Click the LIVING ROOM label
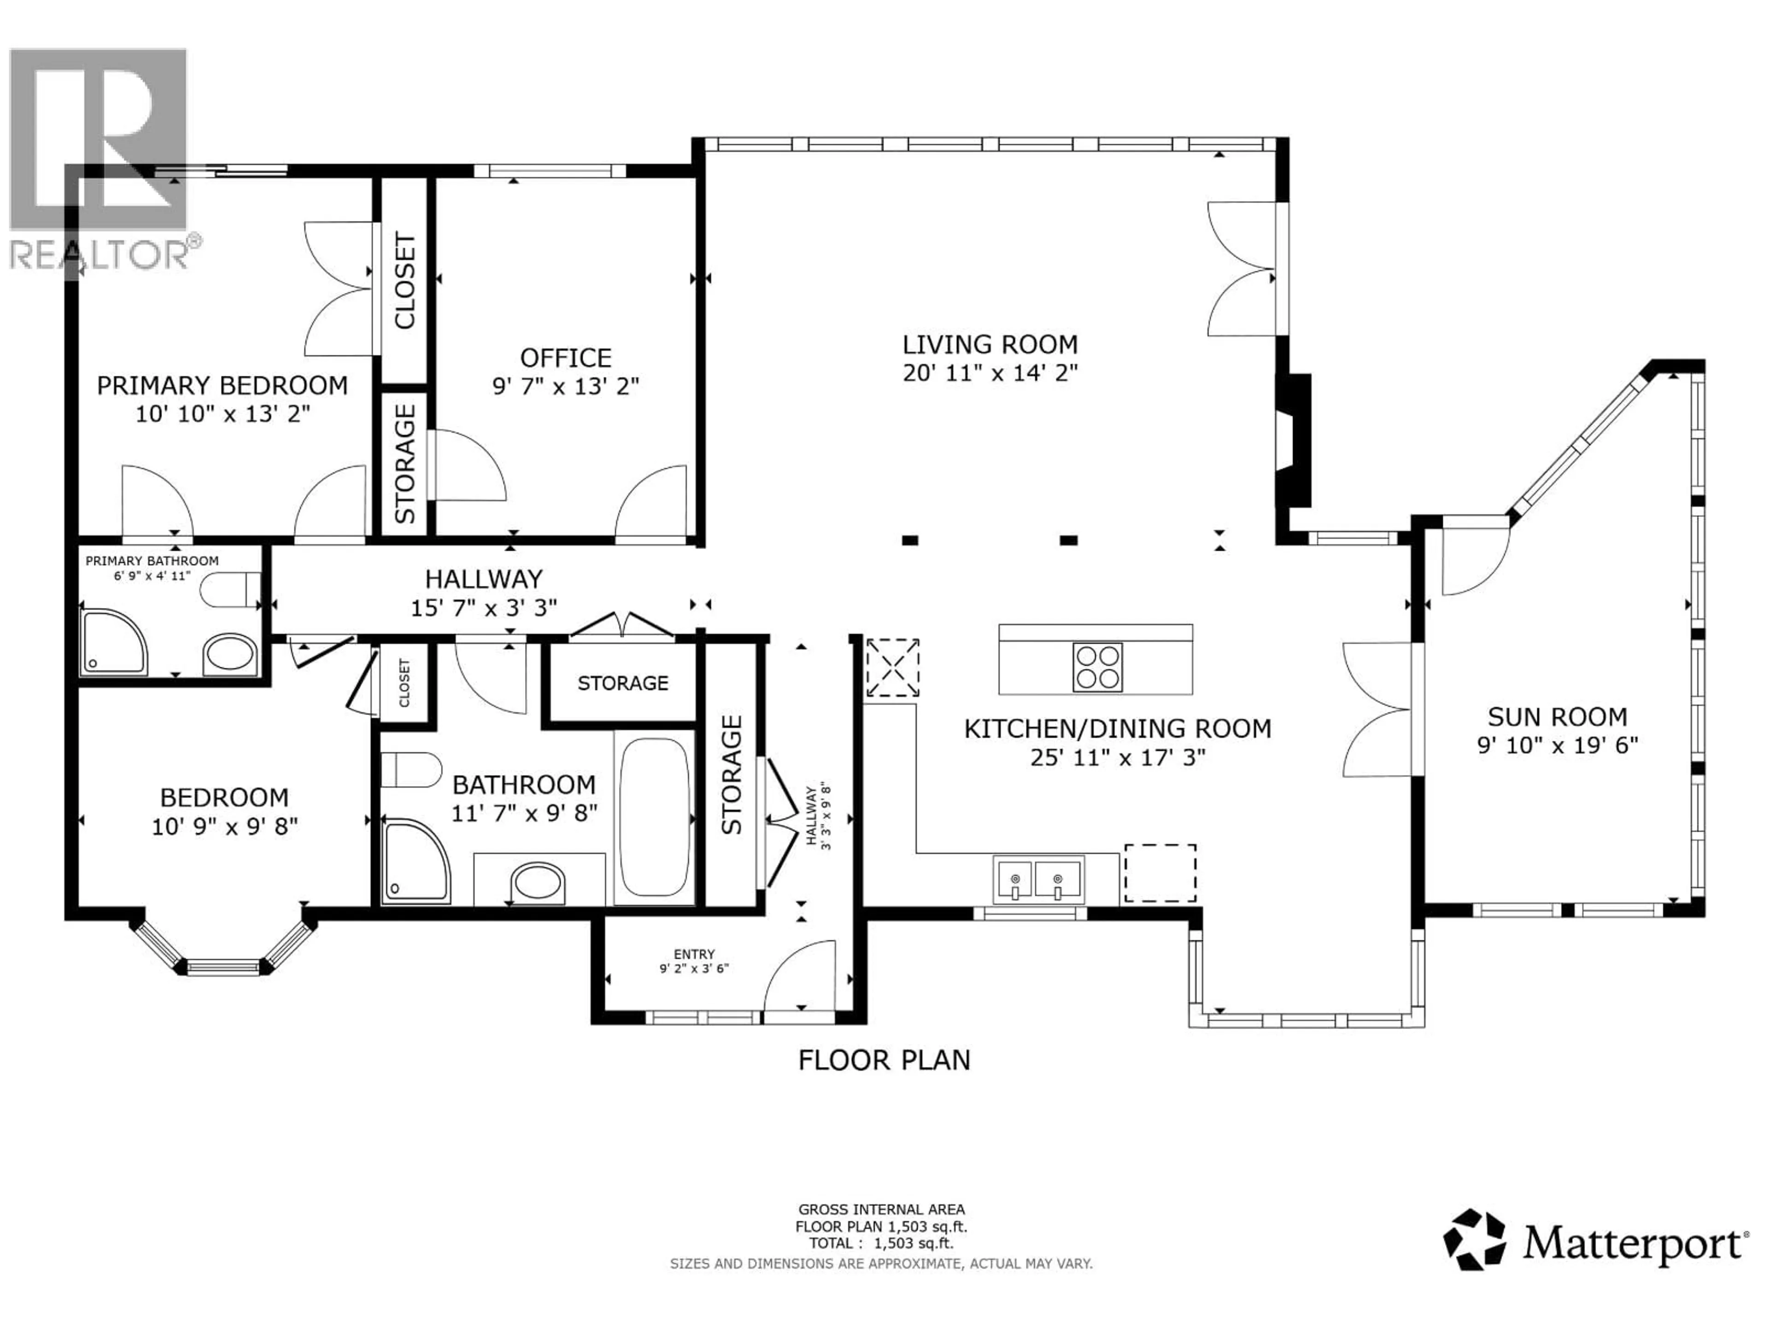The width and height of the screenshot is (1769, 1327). tap(990, 345)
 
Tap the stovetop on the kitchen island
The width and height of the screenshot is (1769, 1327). tap(1097, 667)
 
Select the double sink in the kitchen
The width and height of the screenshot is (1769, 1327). tap(1038, 879)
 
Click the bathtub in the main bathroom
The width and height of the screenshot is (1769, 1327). tap(654, 816)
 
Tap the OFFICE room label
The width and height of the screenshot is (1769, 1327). tap(565, 358)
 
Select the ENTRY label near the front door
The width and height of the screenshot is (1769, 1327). tap(693, 954)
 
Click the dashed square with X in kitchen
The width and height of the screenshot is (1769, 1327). tap(892, 667)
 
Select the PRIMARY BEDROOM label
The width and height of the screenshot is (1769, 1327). tap(223, 386)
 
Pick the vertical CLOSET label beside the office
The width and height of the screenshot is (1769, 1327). tap(404, 280)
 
